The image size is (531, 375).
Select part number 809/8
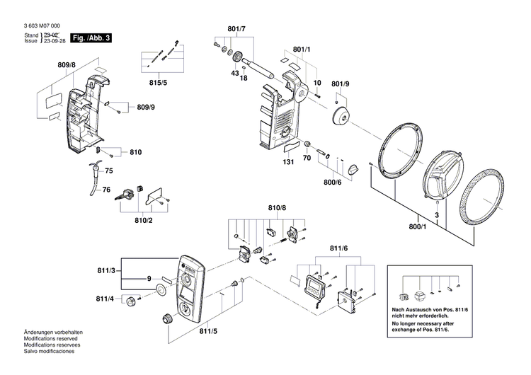coord(67,65)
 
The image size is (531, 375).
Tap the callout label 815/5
coord(159,83)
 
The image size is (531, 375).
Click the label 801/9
coord(341,84)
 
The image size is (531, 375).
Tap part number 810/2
coord(144,221)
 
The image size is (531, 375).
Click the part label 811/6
coord(340,248)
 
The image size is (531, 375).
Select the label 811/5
coord(208,330)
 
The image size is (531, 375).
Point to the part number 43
coord(234,74)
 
